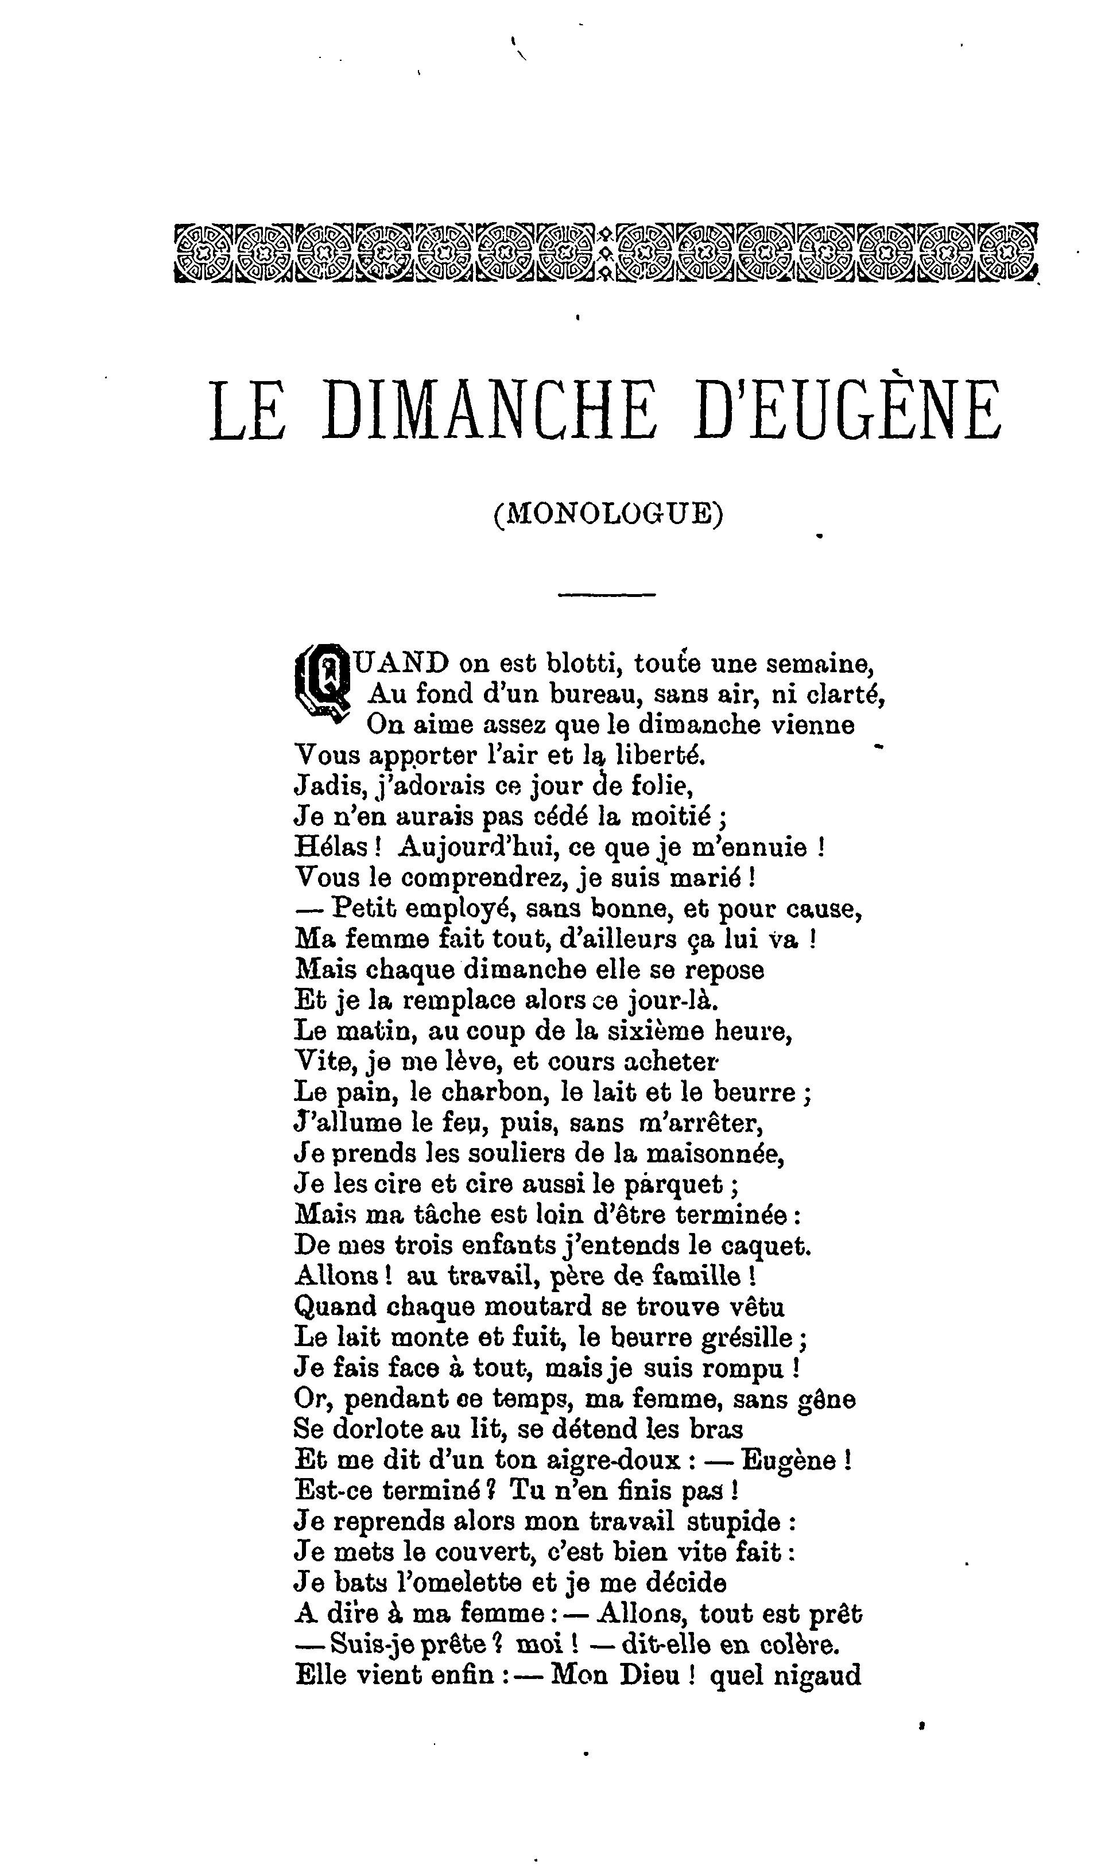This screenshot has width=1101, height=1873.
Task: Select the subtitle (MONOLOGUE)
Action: click(607, 514)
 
